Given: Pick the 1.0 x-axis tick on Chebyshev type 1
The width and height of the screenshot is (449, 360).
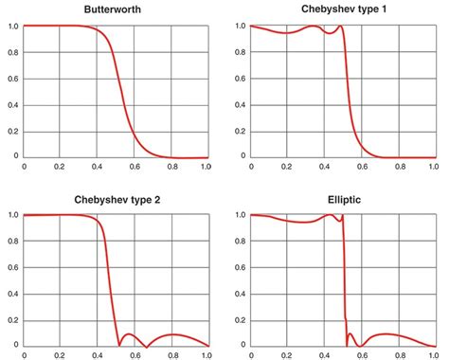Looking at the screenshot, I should point(434,167).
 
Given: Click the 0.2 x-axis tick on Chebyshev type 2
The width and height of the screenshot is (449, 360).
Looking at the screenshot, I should point(60,356).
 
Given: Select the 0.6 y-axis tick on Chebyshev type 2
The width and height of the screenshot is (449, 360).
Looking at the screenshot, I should point(9,267).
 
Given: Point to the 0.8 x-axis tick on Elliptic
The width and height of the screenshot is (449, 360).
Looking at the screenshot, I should point(398,356).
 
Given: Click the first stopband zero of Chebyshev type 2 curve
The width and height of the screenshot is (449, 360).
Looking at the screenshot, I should point(117,345).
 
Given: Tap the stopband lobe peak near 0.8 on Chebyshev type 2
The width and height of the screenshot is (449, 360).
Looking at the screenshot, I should point(171,334).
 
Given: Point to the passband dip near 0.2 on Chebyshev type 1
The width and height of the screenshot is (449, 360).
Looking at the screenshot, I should point(287,33).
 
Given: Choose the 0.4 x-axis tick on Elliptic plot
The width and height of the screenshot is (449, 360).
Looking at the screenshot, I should point(324,356).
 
